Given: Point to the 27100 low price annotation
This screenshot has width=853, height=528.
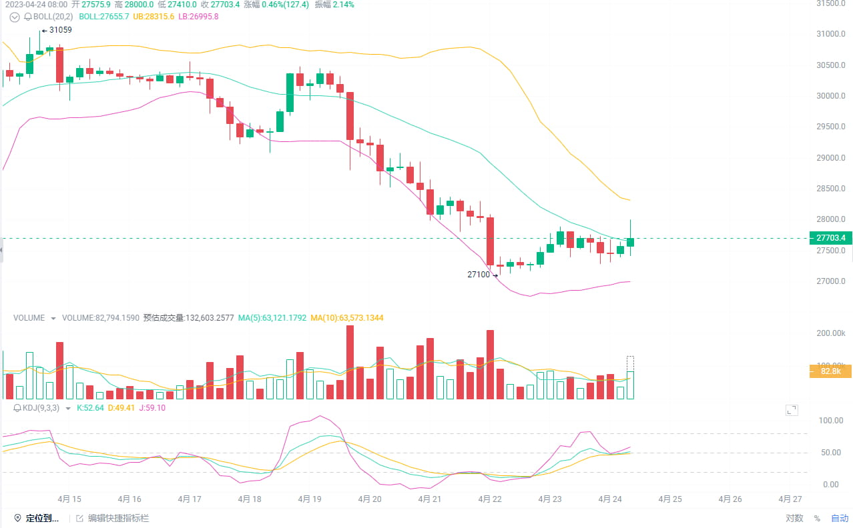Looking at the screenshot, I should point(479,274).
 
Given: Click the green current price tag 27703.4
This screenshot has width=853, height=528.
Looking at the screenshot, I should point(830,238).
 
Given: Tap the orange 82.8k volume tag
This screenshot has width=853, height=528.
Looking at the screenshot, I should point(830,371).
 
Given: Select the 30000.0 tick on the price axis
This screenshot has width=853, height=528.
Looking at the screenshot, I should point(831,96).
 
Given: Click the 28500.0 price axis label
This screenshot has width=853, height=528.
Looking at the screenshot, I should point(831,189).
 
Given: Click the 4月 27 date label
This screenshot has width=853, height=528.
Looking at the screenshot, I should point(790,499).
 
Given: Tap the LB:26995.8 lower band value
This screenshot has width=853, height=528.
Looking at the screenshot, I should point(197,16).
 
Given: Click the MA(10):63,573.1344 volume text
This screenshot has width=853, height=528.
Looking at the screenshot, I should point(347,318).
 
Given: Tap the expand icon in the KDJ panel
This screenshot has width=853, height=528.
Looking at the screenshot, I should point(792,410).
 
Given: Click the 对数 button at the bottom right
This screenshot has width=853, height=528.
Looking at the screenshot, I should point(794,518).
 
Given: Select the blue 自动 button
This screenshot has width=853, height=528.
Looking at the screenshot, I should point(840,518).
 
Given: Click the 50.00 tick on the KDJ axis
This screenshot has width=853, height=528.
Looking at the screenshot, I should point(831,453).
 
